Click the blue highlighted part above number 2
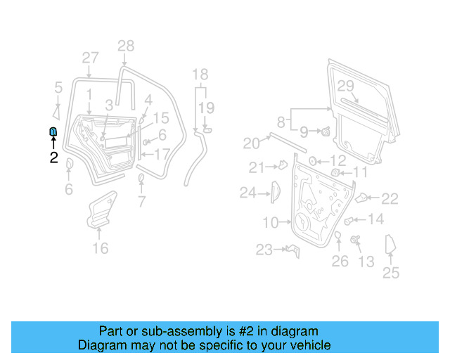[53, 131]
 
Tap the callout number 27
[90, 58]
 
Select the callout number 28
[125, 46]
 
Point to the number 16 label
[101, 247]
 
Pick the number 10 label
[271, 223]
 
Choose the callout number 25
[391, 274]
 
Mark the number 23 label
[264, 250]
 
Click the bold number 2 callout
[53, 157]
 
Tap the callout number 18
[200, 75]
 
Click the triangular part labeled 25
[391, 246]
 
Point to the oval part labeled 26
[337, 234]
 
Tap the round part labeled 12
[314, 161]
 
